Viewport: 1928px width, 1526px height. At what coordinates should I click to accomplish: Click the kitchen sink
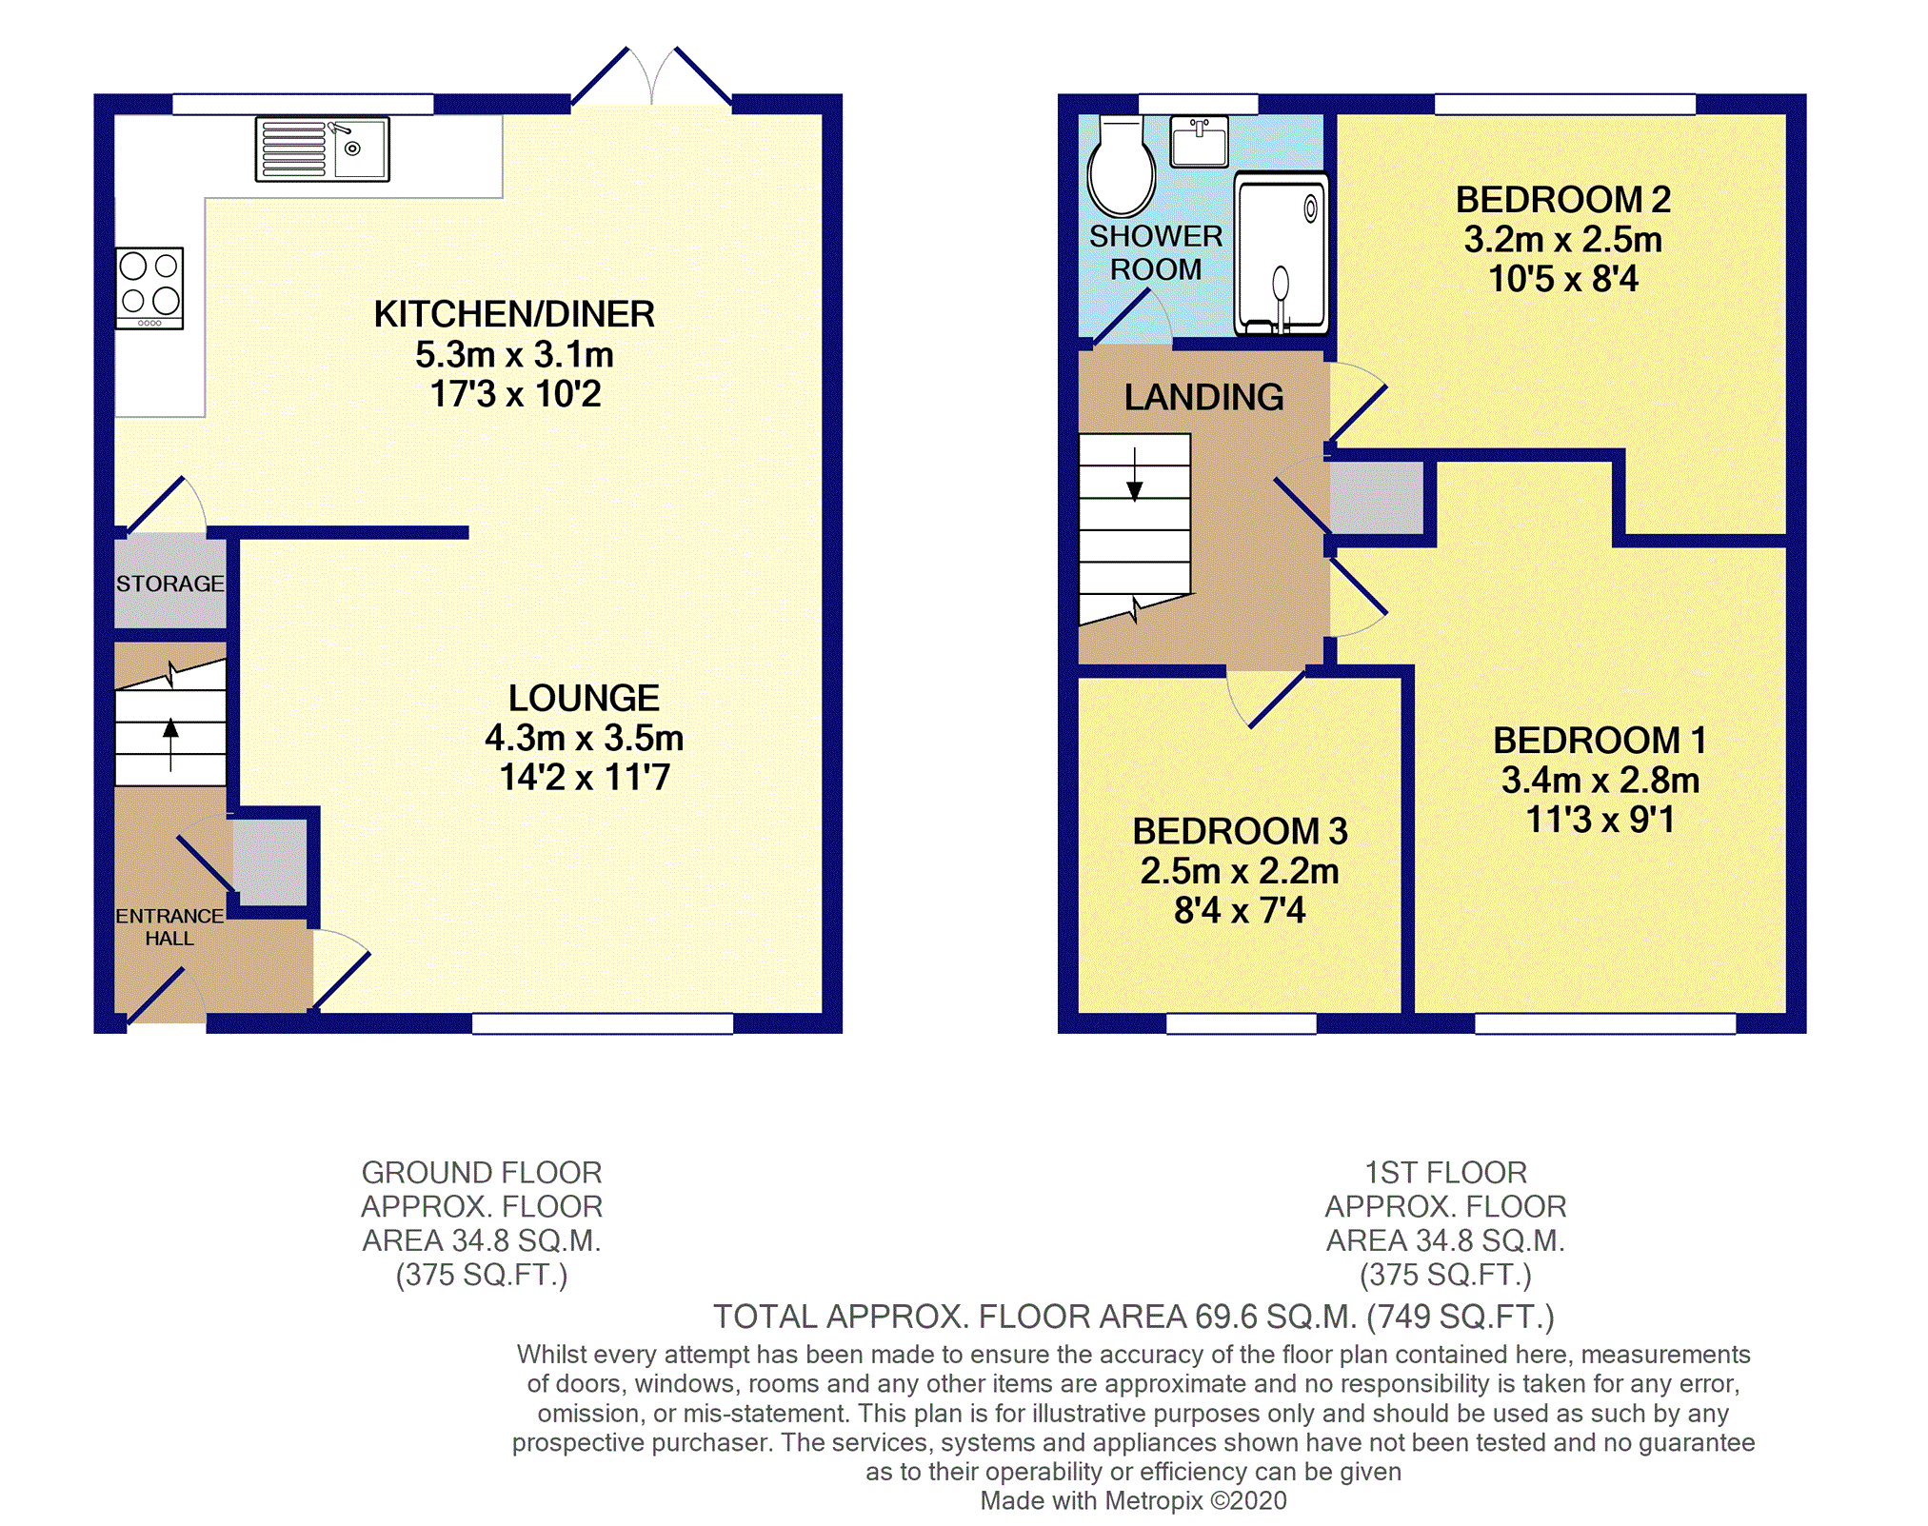(x=323, y=149)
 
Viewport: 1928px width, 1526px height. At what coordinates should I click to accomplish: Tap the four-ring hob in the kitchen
(x=149, y=288)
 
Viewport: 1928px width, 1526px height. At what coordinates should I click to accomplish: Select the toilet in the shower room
(x=1121, y=167)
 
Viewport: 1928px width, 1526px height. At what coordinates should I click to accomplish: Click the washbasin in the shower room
(x=1199, y=141)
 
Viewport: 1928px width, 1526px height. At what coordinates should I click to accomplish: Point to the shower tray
(x=1281, y=253)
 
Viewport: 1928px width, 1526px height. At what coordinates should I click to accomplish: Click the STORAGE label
(x=170, y=584)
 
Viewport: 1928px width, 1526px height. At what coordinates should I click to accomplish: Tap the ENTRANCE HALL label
(x=169, y=927)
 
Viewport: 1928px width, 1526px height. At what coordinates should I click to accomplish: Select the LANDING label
(x=1203, y=397)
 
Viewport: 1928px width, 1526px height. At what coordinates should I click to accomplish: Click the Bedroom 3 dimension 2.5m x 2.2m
(x=1240, y=871)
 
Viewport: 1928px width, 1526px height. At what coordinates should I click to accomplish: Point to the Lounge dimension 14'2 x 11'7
(x=585, y=778)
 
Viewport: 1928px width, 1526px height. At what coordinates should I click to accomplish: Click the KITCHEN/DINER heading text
(x=514, y=314)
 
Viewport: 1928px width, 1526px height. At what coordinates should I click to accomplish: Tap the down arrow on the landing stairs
(x=1134, y=473)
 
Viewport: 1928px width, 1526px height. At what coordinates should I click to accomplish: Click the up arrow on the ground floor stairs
(x=170, y=743)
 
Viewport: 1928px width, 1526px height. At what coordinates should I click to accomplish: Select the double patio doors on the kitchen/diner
(x=651, y=76)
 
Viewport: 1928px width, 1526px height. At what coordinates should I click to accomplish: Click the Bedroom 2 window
(x=1565, y=104)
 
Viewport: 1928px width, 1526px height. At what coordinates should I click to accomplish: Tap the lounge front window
(x=603, y=1023)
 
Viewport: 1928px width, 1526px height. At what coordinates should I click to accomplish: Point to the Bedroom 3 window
(x=1242, y=1023)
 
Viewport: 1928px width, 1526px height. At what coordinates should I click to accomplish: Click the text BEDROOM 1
(x=1600, y=740)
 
